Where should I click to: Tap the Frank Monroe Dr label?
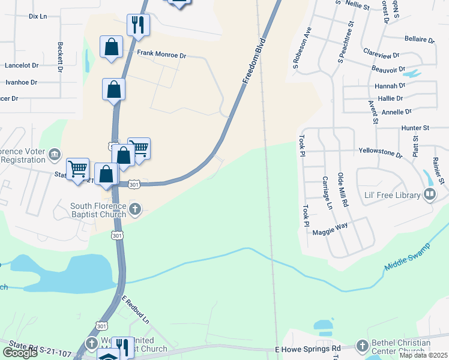[x=161, y=55]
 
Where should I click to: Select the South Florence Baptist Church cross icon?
[x=135, y=209]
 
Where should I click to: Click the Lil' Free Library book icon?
[x=430, y=194]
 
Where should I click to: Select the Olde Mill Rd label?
[x=343, y=190]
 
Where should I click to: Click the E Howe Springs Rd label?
[x=307, y=349]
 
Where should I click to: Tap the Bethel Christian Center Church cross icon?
[x=362, y=346]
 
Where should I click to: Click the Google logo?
[x=20, y=352]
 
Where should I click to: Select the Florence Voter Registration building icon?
[x=55, y=155]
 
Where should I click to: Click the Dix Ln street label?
[x=37, y=16]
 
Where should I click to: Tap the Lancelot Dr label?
[x=22, y=65]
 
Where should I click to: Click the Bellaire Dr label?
[x=420, y=40]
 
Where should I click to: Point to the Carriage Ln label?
[x=327, y=193]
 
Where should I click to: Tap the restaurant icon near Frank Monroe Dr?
[x=138, y=24]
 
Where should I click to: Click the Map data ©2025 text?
[x=423, y=355]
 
